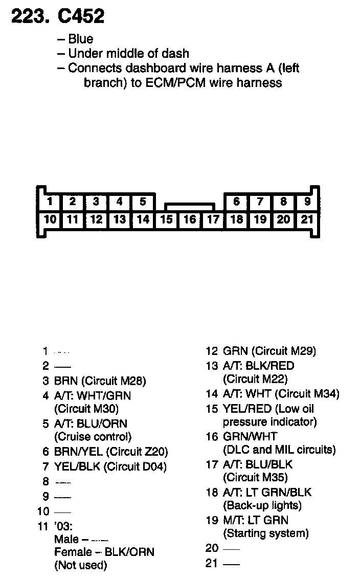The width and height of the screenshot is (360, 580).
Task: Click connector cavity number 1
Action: coord(50,202)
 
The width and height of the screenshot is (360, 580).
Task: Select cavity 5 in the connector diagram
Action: coord(143,202)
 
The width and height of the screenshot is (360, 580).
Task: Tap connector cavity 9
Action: coord(307,202)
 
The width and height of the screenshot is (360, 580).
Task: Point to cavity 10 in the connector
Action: coord(50,220)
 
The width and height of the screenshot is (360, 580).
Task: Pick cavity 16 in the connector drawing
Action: coord(190,220)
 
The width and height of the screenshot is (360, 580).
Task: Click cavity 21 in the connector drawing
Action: coord(307,220)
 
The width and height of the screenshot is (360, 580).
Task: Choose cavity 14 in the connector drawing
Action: coord(143,220)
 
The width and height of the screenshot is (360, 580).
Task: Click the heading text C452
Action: coord(81,17)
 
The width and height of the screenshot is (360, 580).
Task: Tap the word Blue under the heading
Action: coord(81,39)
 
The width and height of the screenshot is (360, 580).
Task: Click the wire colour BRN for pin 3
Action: coord(66,381)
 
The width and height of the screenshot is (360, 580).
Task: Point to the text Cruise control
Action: coord(93,437)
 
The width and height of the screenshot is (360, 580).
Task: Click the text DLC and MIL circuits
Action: coord(279,450)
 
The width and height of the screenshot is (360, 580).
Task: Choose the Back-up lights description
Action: coord(262,506)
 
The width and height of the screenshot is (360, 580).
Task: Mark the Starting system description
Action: coord(266,533)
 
